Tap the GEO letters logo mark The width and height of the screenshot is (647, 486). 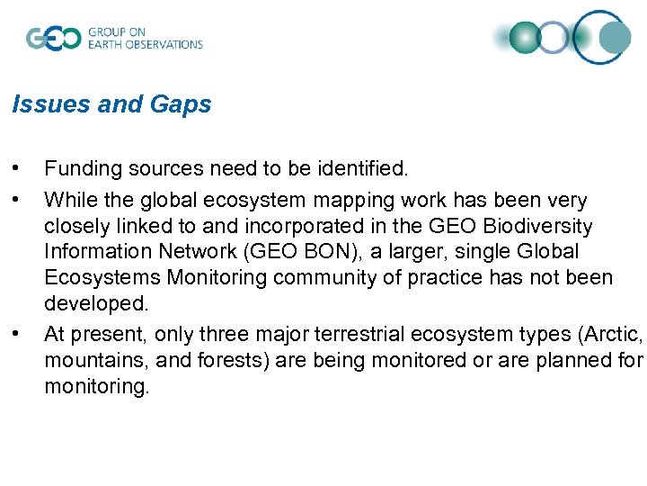tap(53, 39)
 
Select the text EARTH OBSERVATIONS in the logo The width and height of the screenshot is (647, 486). tap(146, 44)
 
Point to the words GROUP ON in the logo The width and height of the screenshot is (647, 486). tap(116, 32)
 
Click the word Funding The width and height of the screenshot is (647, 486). tap(84, 168)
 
